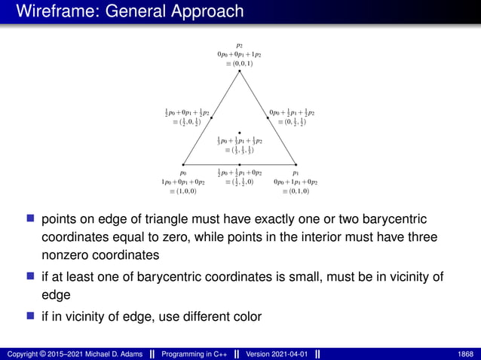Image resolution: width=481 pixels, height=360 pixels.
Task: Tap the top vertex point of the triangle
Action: point(240,71)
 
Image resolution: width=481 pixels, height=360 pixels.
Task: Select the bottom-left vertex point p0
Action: point(184,164)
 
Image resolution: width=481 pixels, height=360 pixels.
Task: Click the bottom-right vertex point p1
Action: point(296,164)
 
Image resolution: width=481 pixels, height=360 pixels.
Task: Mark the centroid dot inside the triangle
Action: point(240,133)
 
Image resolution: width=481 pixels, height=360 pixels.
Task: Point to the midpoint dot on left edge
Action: point(212,117)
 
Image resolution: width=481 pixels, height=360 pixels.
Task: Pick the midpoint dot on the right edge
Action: point(268,117)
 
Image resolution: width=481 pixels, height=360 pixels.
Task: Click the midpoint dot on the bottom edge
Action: point(240,164)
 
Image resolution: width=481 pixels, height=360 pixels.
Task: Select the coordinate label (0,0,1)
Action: point(240,64)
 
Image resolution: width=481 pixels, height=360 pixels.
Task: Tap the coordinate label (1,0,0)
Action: point(184,191)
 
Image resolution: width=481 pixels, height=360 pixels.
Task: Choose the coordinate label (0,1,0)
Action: point(296,191)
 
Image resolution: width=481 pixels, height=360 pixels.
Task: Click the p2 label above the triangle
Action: point(240,45)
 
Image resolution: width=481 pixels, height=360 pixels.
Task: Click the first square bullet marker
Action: point(31,219)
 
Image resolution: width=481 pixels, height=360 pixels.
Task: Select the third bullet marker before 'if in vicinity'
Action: point(31,316)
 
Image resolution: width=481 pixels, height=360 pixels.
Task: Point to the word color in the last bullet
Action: point(241,317)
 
